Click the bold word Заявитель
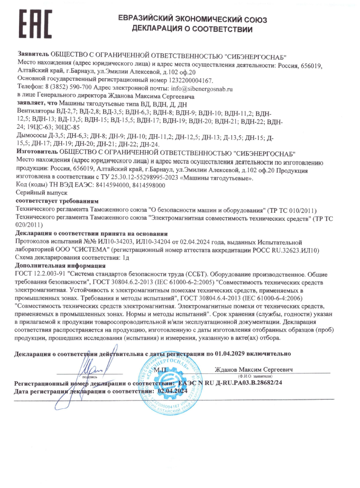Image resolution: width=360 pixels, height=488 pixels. coord(33,54)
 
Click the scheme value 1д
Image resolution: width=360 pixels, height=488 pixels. coord(126,257)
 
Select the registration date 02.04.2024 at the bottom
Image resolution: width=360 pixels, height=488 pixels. coord(170,390)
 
